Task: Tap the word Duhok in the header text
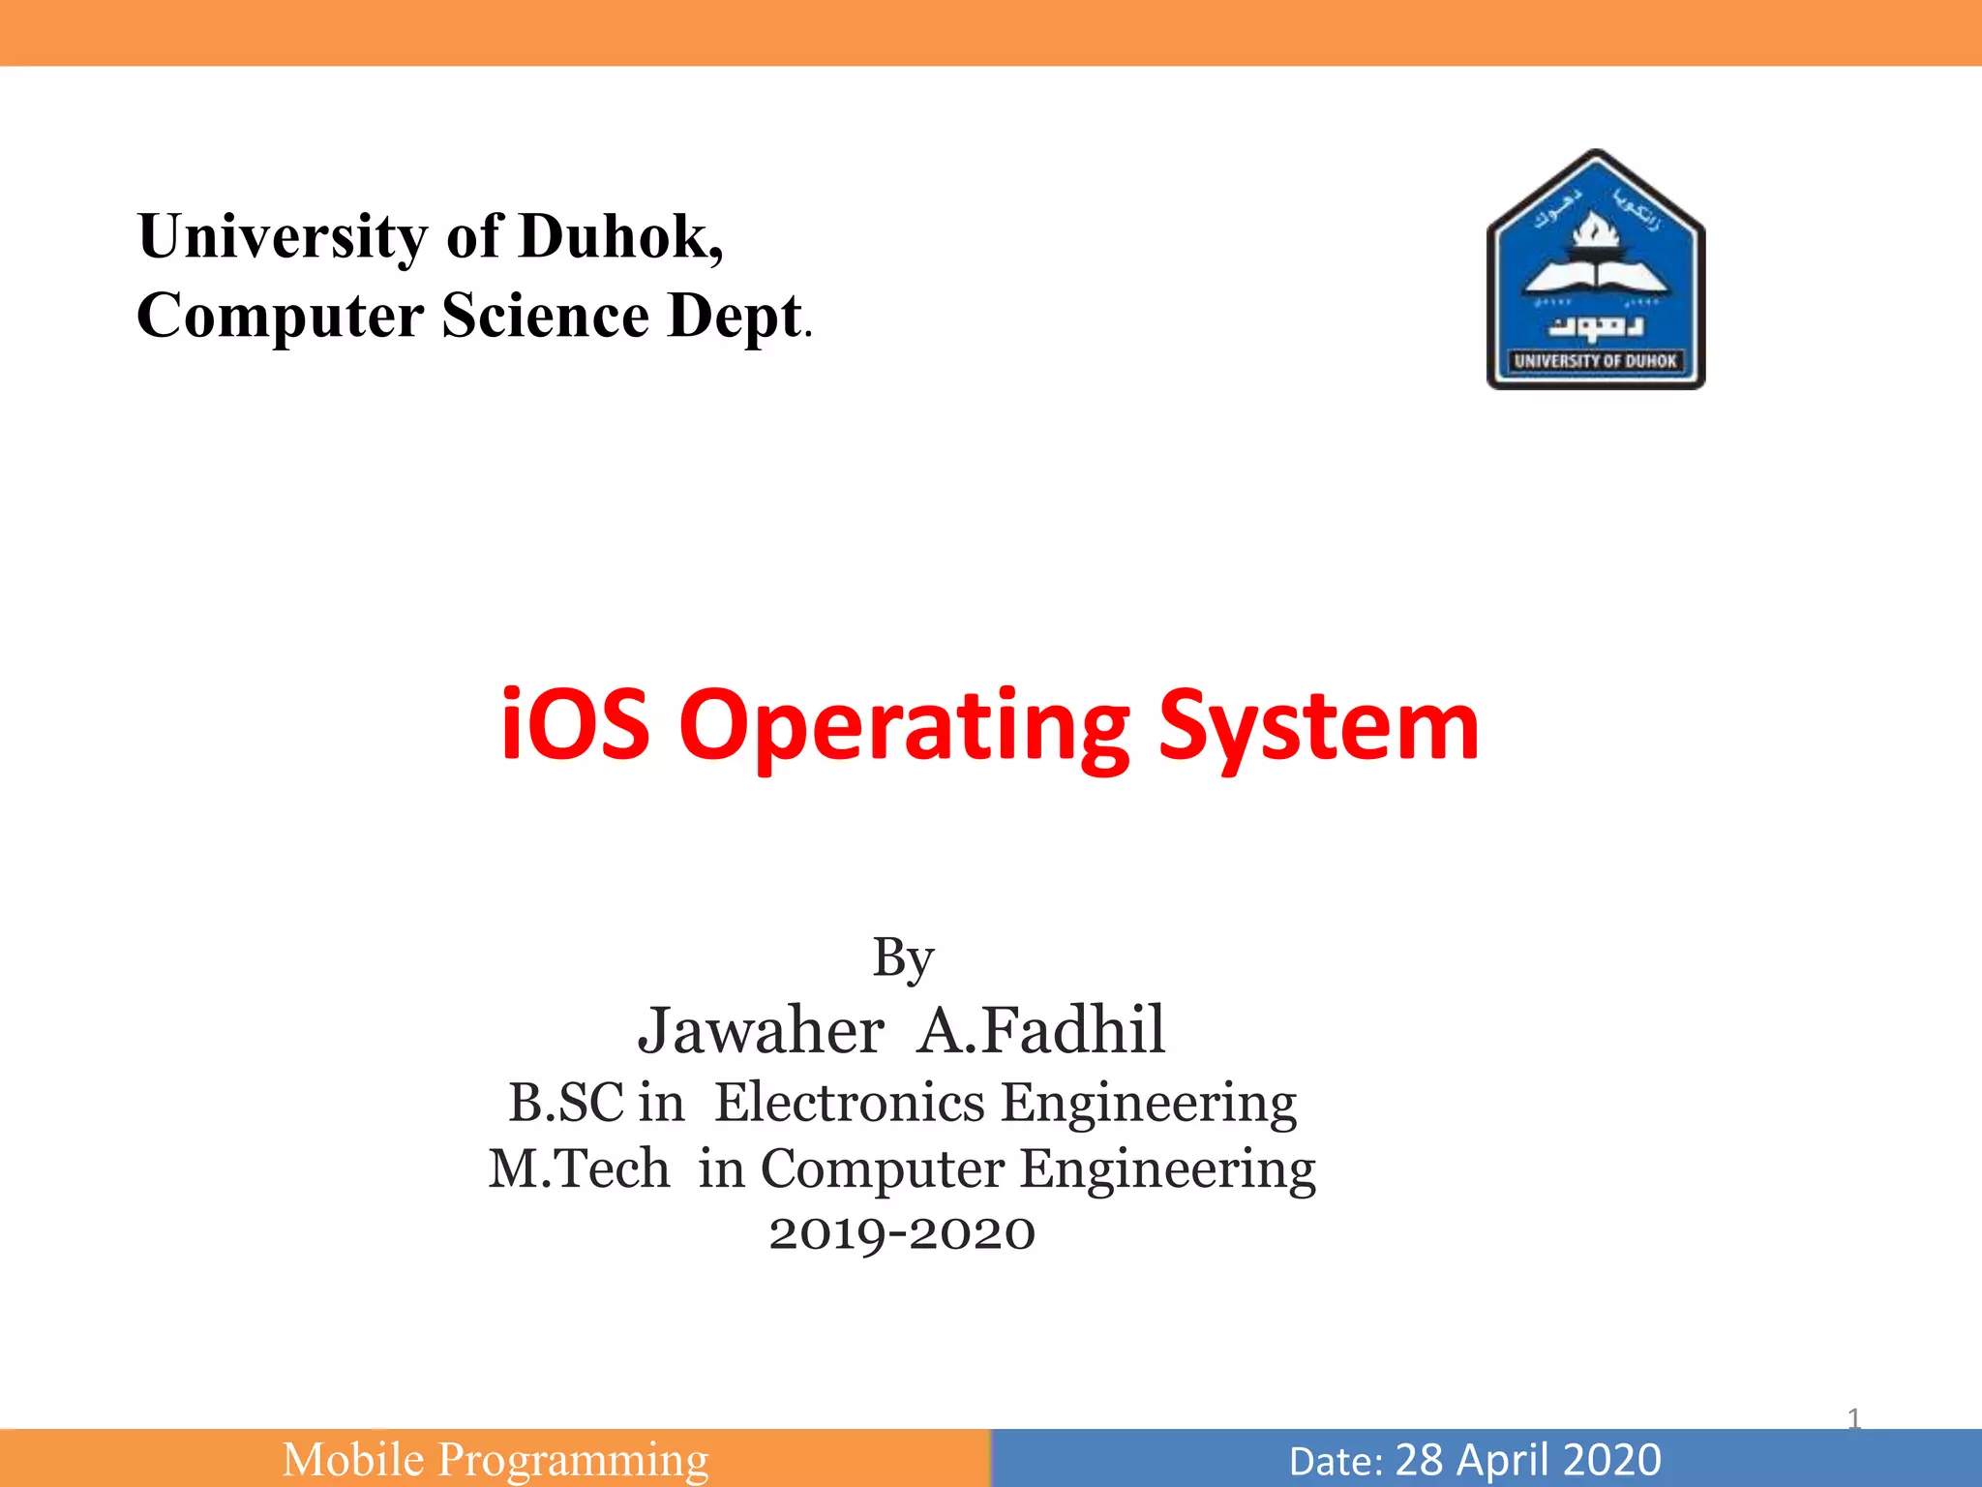620,236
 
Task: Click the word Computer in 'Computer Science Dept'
280,317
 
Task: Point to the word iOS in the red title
574,725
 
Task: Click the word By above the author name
903,958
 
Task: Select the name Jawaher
761,1030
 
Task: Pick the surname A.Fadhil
1041,1030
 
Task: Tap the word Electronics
849,1103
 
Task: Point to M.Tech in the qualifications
579,1168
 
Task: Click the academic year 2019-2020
902,1233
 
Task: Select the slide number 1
1854,1419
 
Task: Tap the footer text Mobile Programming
495,1459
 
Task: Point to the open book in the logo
1595,276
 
